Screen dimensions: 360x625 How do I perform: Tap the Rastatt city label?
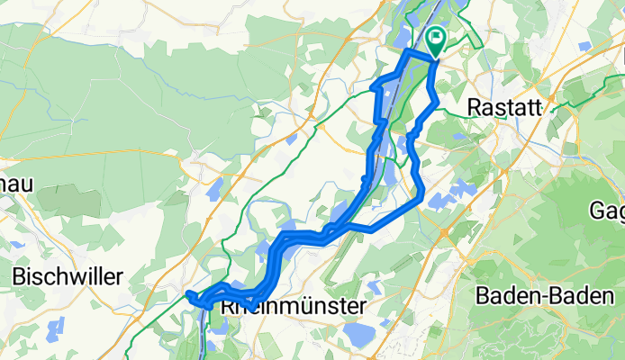[505, 107]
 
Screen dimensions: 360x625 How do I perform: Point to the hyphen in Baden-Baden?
[543, 295]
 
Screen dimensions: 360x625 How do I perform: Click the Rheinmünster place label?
[294, 307]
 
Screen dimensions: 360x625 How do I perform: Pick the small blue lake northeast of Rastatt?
[586, 45]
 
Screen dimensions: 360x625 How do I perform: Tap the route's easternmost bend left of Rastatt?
[438, 102]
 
